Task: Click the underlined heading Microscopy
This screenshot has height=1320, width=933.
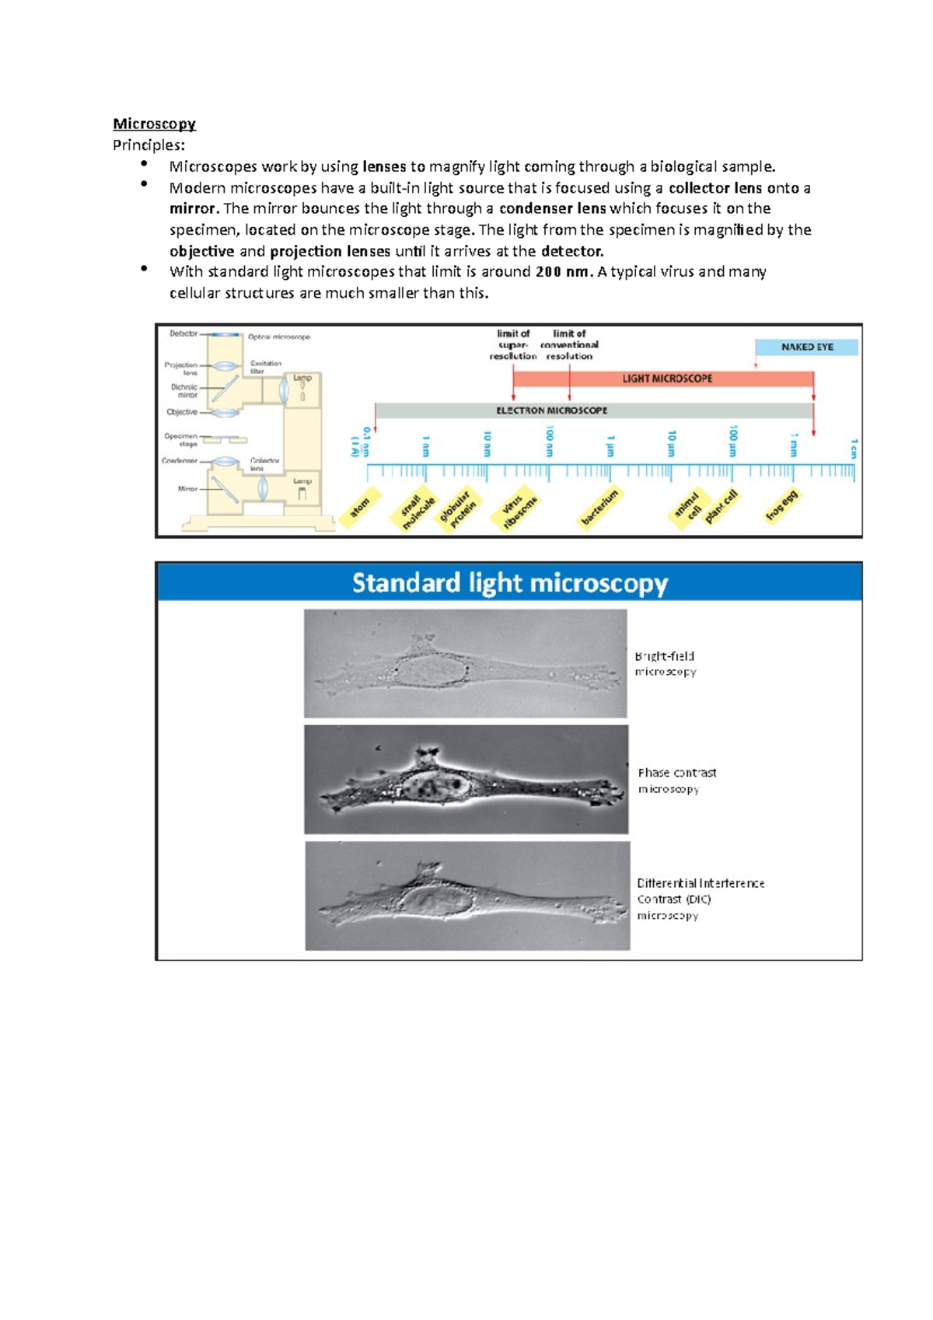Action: pos(154,124)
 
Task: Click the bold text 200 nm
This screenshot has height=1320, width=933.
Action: pos(564,271)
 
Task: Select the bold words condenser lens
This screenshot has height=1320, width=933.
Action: pos(553,208)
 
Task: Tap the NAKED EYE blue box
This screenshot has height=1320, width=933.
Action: pos(806,347)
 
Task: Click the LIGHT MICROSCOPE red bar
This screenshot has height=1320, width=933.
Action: pos(666,379)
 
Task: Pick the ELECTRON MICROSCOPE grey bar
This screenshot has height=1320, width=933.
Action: pos(551,410)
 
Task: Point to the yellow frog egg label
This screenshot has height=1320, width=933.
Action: pos(781,505)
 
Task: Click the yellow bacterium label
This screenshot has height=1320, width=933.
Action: pos(600,507)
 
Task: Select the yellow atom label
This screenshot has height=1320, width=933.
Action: pos(360,508)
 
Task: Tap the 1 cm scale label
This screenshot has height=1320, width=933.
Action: pos(854,448)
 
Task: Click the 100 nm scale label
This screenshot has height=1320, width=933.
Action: pos(549,441)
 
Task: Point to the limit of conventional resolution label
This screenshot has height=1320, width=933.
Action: pos(569,344)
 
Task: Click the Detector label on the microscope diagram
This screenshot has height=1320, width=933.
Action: pos(183,333)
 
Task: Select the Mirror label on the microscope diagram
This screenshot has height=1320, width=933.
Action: pos(187,489)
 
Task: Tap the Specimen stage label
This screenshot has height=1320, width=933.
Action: pos(181,440)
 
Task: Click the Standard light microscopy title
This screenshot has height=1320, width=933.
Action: pos(509,582)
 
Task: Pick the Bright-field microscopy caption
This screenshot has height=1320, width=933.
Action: pos(665,664)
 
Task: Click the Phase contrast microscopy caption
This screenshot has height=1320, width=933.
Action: pos(676,780)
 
